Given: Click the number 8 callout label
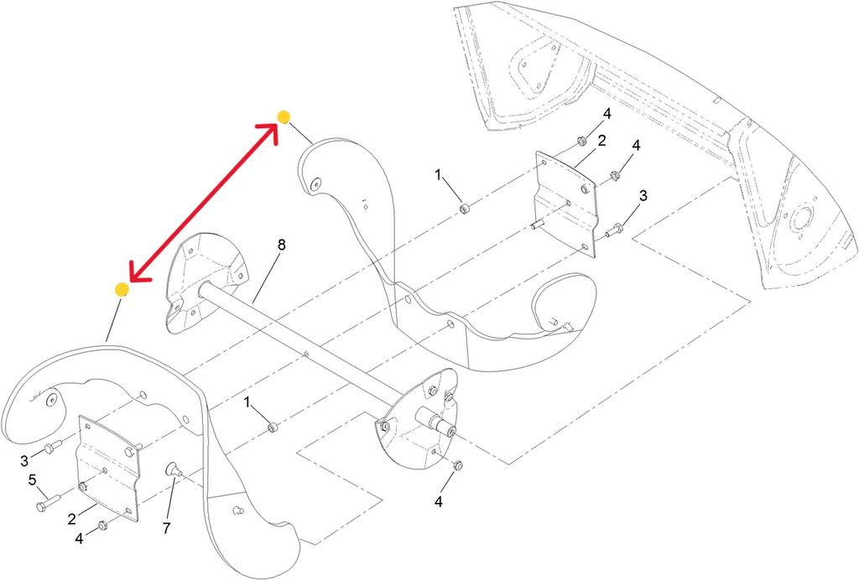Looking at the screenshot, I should [x=281, y=245].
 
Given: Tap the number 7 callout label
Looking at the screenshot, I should [x=167, y=530].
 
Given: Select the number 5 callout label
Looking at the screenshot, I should [x=33, y=480].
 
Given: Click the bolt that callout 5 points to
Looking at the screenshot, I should [x=44, y=505].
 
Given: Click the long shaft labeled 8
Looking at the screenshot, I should [x=302, y=344].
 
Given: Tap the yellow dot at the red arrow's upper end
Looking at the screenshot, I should [x=284, y=117].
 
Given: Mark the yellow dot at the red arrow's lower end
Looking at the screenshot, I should [x=122, y=289].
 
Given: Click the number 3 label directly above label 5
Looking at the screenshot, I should [x=24, y=459].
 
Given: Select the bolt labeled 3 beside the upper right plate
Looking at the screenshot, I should [x=615, y=228].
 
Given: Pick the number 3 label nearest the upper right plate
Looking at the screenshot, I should [x=643, y=195].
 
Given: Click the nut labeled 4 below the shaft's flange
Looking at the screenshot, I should [x=457, y=465].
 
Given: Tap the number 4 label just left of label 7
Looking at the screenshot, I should [x=80, y=539].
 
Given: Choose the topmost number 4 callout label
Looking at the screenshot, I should [x=607, y=113].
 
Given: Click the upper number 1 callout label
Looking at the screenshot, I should [x=437, y=174].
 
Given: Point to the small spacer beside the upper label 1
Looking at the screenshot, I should [x=464, y=207].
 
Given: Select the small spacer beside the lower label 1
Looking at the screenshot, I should [x=273, y=429].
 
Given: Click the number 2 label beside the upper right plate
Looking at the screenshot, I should [x=601, y=141].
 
